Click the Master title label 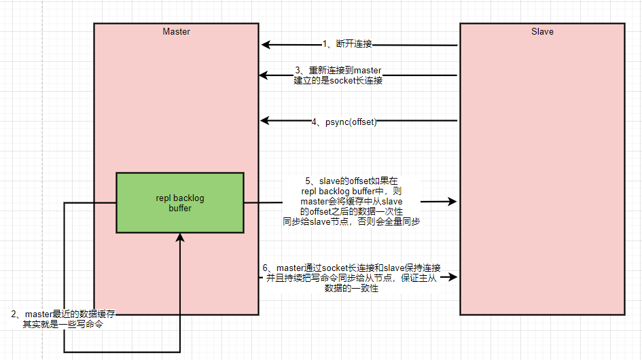176,31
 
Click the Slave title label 542,31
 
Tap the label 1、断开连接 347,44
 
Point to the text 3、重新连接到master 338,70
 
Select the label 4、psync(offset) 344,122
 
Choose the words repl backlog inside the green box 180,198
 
